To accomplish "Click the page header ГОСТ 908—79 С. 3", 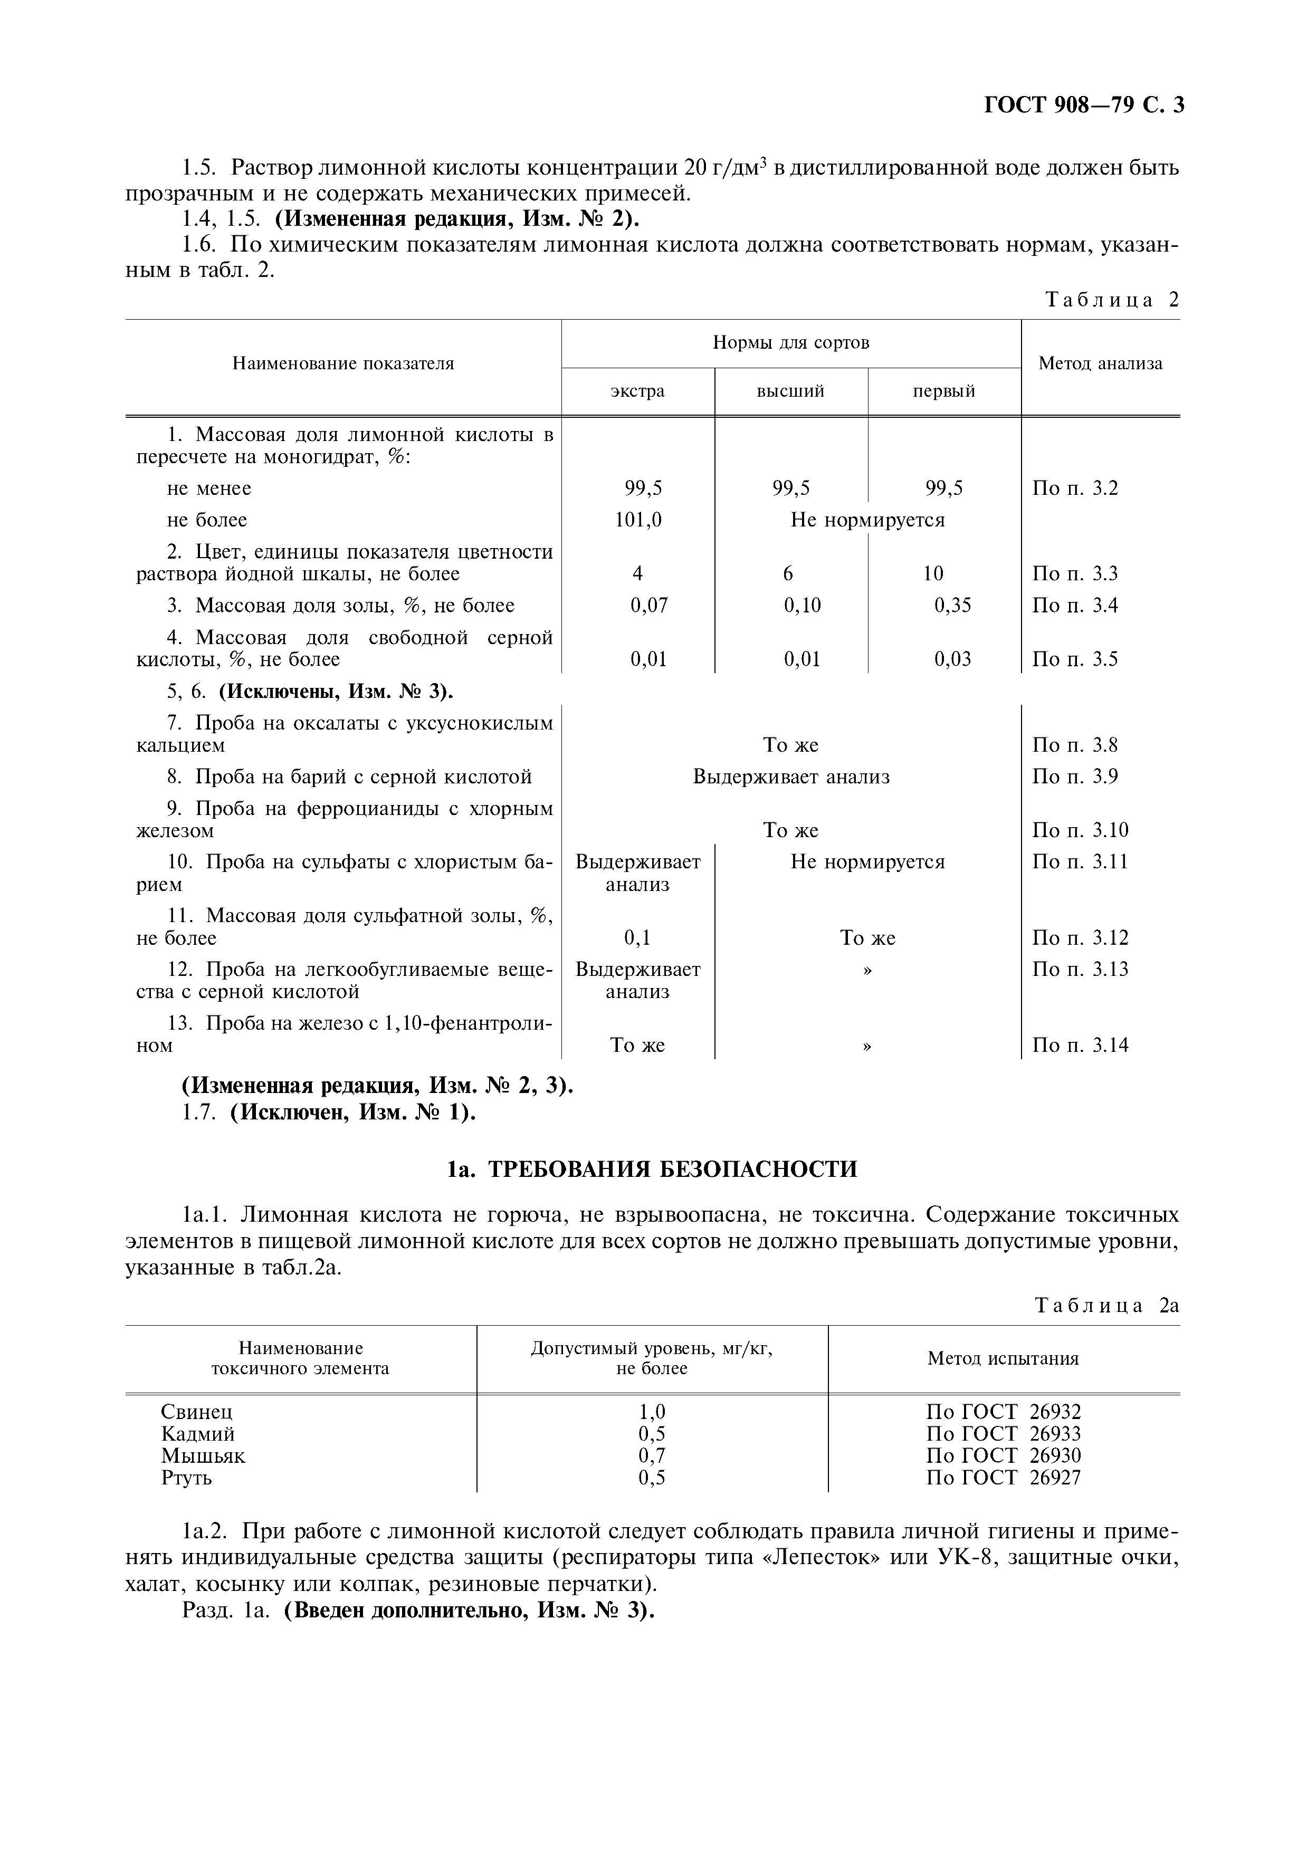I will point(1084,106).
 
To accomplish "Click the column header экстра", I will point(637,391).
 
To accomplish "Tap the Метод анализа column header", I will point(1100,363).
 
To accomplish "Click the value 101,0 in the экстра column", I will point(637,520).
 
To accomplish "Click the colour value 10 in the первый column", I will point(933,574).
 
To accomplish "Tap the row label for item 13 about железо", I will point(345,1034).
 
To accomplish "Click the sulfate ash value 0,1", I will point(637,938).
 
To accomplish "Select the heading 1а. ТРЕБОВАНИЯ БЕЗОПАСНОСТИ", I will point(653,1169).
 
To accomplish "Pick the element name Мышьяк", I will point(203,1456).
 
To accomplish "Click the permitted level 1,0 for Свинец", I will point(652,1412).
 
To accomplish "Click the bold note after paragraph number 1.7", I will point(353,1114).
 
